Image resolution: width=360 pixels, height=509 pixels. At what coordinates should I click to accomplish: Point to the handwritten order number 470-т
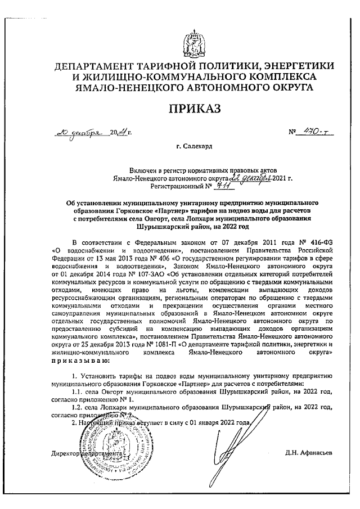317,133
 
